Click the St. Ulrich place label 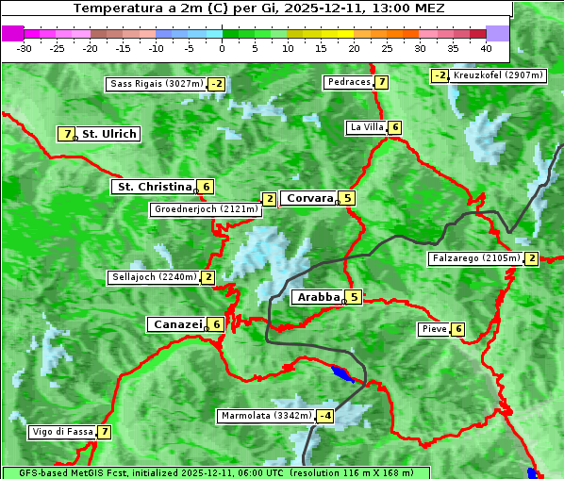coord(108,134)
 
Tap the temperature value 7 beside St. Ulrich coord(66,134)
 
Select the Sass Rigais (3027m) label coord(157,84)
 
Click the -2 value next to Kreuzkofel coord(440,75)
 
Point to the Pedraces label coord(348,82)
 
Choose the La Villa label coord(366,127)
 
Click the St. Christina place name coord(153,187)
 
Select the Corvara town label coord(309,198)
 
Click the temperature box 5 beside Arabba coord(353,297)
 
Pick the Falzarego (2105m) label coord(474,258)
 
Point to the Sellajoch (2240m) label coord(153,277)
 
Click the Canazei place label coord(176,323)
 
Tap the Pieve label coord(433,329)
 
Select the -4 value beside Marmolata coord(325,416)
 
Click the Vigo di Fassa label coord(62,432)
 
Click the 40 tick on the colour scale coord(486,47)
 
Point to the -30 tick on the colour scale coord(25,47)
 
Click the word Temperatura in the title coord(112,8)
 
